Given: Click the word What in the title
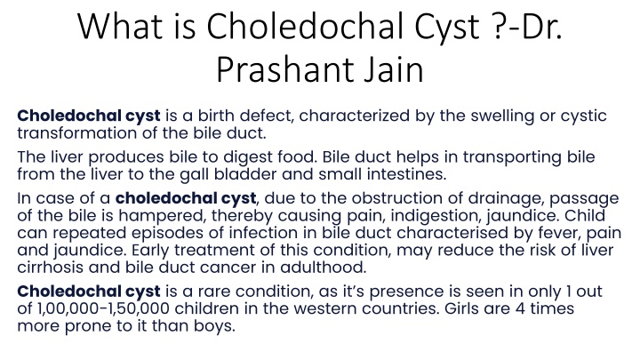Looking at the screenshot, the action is tap(120, 26).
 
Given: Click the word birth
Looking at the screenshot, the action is tap(216, 116).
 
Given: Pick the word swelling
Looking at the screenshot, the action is tap(502, 116).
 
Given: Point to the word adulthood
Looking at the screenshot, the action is tap(323, 268).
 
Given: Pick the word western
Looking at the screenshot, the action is tap(325, 308).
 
